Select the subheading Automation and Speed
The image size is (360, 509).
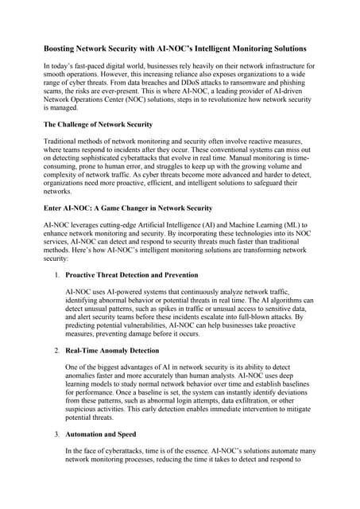(x=101, y=434)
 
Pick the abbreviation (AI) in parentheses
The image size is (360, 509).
(x=192, y=225)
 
